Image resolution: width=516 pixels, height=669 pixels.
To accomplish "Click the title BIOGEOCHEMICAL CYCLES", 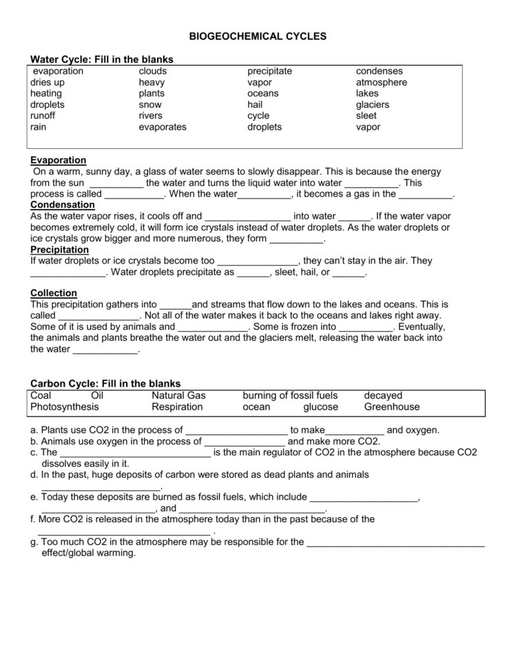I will tap(258, 36).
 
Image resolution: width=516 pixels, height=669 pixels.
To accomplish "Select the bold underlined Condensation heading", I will tap(62, 205).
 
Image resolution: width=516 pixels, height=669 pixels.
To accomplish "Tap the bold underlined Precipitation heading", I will tap(60, 250).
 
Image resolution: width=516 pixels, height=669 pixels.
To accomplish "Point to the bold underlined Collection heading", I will tap(54, 293).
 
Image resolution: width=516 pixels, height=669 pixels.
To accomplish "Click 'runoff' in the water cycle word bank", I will tap(43, 116).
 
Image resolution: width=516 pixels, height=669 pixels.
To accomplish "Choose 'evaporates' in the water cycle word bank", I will tap(163, 127).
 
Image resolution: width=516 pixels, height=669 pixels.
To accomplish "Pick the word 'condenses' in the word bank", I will tap(380, 71).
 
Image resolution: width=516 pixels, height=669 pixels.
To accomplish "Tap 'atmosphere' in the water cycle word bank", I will tap(382, 83).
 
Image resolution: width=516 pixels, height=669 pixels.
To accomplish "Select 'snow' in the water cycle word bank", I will tap(150, 105).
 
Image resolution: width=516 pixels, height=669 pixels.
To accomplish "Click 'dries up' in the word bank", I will tap(48, 83).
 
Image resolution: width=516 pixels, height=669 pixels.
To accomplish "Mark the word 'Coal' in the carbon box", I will tap(41, 396).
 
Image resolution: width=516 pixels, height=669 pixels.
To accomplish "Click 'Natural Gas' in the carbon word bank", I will tap(178, 396).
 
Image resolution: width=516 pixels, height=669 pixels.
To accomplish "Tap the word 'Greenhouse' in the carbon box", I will tap(392, 407).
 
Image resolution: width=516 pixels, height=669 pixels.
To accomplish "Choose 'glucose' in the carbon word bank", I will tap(321, 407).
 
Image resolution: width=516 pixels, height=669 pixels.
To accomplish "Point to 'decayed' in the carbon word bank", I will tap(383, 396).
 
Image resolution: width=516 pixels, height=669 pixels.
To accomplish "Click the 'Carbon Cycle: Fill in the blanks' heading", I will tap(105, 383).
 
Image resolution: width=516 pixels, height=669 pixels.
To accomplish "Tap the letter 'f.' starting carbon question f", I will tap(33, 519).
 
